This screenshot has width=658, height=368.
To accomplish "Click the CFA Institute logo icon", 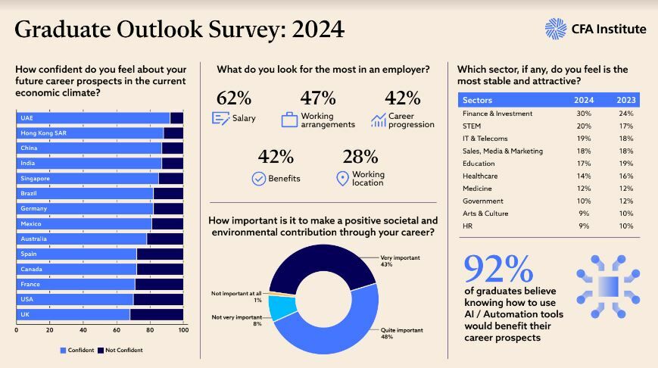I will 556,29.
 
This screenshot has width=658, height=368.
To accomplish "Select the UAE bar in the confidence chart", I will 92,118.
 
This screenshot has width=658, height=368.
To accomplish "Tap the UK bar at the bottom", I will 73,314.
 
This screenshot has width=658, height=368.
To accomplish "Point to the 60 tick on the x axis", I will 117,330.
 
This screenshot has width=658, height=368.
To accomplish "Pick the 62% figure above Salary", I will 234,98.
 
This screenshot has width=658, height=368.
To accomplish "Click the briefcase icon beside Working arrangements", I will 289,120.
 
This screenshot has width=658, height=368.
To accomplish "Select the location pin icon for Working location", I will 342,178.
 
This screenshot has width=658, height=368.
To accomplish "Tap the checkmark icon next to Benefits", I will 257,179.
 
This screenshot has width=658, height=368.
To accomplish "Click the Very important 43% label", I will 400,261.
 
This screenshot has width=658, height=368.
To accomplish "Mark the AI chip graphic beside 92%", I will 608,286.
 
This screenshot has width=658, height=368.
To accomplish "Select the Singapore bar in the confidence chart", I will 87,179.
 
